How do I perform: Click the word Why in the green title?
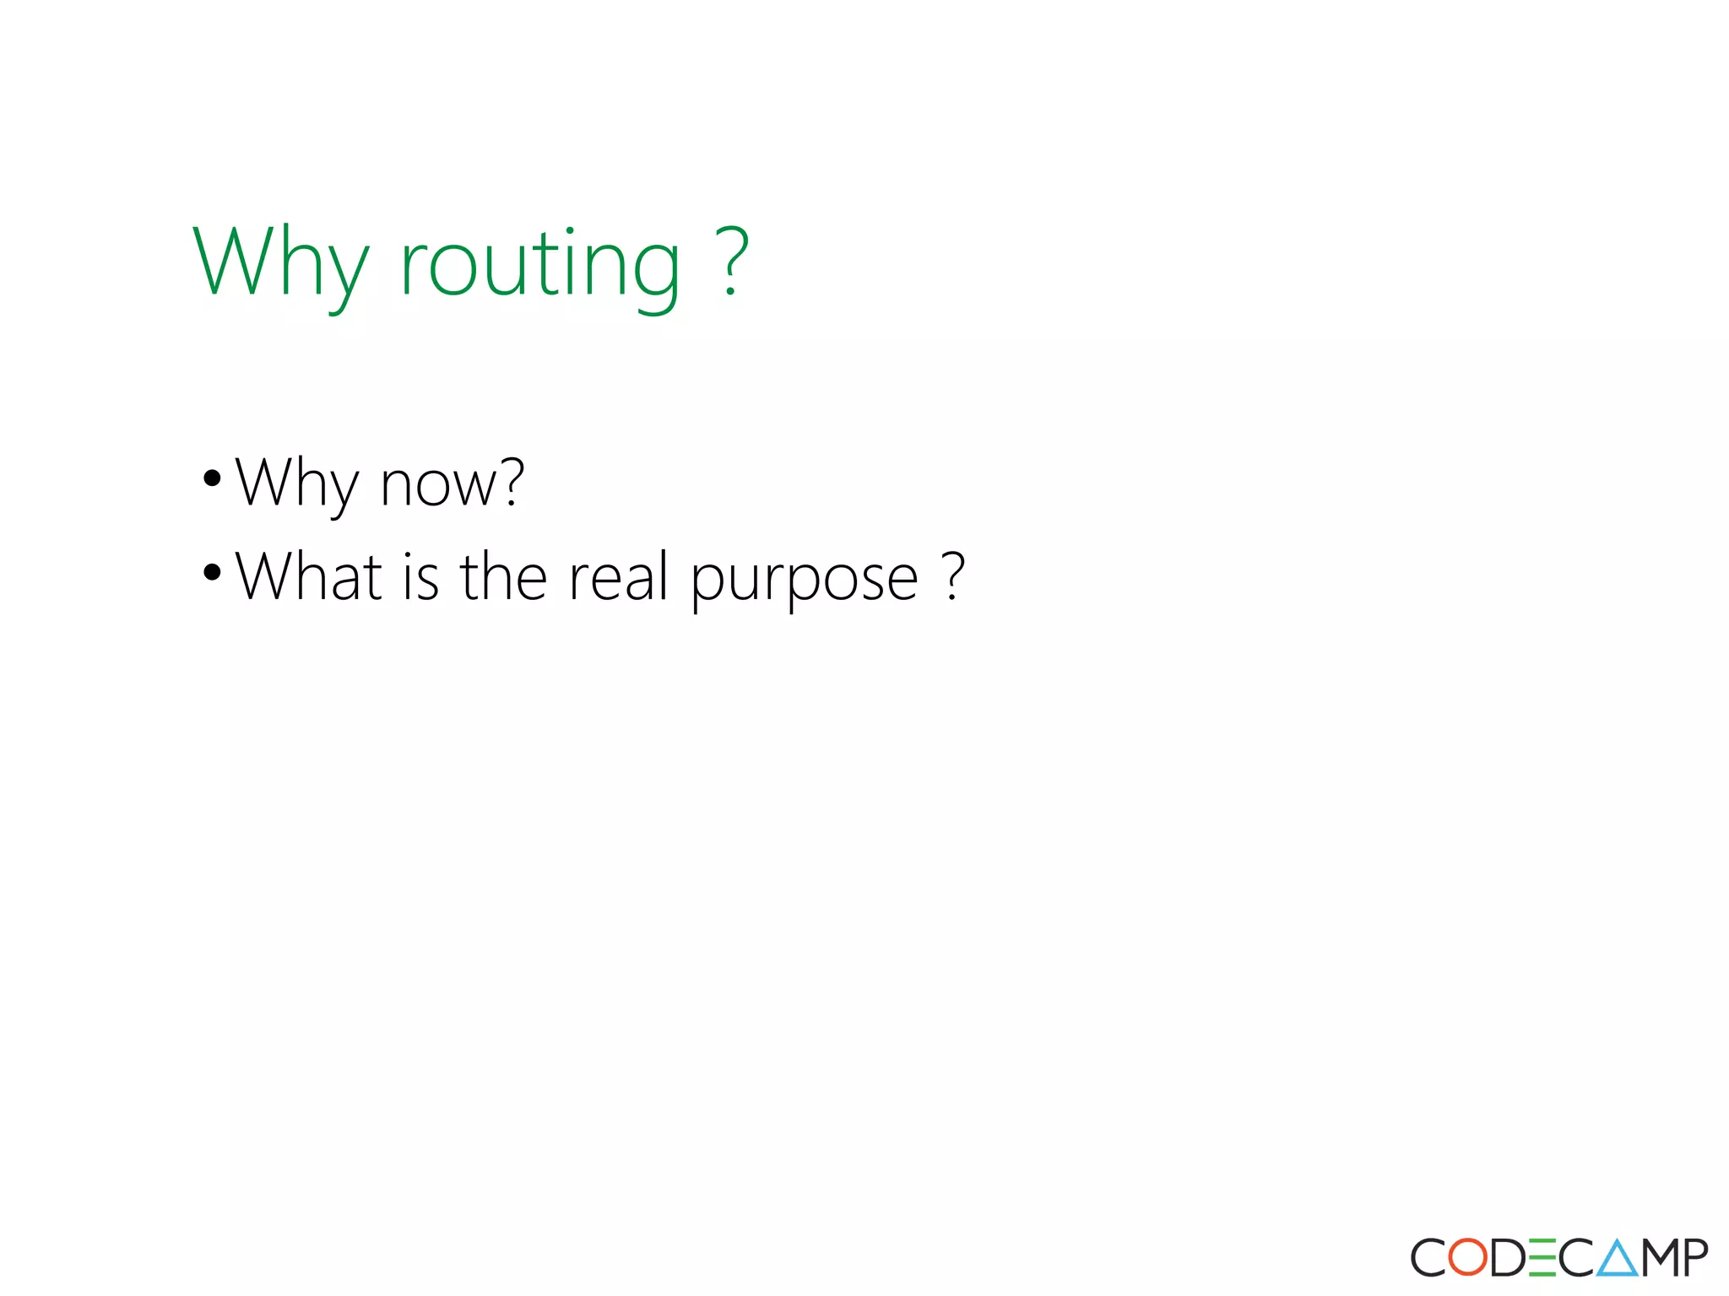[280, 263]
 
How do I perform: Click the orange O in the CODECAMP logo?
[1468, 1257]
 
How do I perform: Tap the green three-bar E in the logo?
[1542, 1257]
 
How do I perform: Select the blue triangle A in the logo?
[1617, 1257]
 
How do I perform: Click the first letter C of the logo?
[1428, 1257]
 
